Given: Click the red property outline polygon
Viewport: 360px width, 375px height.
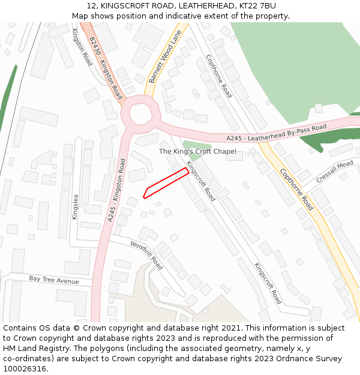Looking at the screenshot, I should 166,182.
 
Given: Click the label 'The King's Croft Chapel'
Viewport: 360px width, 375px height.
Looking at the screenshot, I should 197,152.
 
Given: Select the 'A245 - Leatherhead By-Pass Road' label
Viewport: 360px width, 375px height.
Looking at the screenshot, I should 276,133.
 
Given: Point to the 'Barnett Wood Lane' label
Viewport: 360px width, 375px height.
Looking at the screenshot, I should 165,57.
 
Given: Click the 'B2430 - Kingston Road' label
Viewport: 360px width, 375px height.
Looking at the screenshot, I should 106,67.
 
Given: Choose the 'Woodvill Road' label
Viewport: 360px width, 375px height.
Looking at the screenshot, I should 146,255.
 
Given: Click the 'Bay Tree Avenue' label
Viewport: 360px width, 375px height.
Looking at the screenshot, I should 54,280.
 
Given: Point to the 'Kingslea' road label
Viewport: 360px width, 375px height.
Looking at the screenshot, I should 75,207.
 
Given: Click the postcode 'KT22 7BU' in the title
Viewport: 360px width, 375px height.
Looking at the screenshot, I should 259,5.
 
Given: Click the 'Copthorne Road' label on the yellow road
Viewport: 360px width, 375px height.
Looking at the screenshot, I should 296,189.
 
